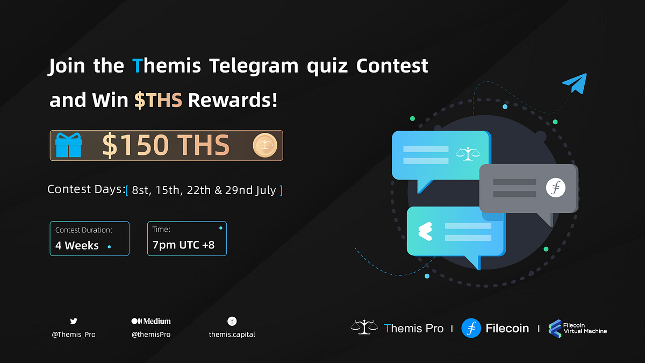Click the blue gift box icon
point(68,145)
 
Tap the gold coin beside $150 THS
point(265,145)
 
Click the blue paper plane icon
point(575,85)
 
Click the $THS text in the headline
point(158,99)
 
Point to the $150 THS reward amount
point(166,145)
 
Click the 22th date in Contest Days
point(198,190)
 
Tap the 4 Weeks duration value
point(77,246)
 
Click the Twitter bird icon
point(74,321)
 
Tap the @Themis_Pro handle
point(74,334)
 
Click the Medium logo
point(151,321)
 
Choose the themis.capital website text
point(232,334)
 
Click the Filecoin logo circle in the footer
point(471,328)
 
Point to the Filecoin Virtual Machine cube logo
point(555,328)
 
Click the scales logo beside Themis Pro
point(364,327)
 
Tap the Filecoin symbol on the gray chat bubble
point(556,187)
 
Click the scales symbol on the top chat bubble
point(467,154)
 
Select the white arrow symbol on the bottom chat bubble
point(425,231)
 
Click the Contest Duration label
point(84,230)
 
